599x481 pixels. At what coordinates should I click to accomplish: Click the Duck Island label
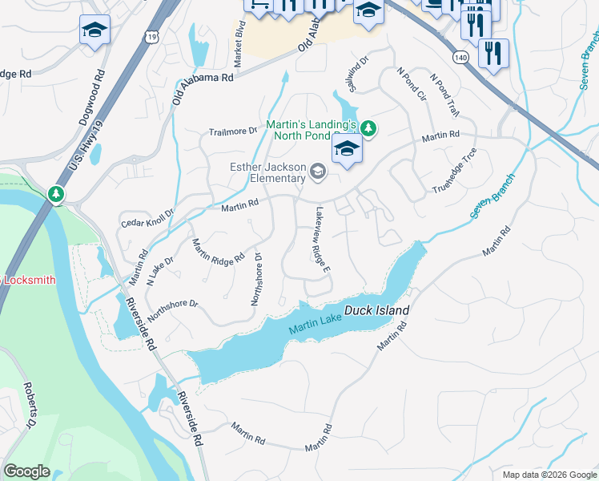pyautogui.click(x=376, y=310)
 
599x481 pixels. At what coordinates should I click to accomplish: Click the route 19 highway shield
pyautogui.click(x=152, y=37)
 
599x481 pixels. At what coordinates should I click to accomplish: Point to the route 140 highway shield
pyautogui.click(x=460, y=57)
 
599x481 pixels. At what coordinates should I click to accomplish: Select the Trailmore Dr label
pyautogui.click(x=233, y=131)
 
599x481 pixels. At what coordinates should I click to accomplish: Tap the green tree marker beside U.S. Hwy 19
pyautogui.click(x=55, y=194)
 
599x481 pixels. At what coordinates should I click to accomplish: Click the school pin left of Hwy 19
pyautogui.click(x=94, y=31)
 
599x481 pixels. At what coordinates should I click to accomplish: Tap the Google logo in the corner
pyautogui.click(x=26, y=471)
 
